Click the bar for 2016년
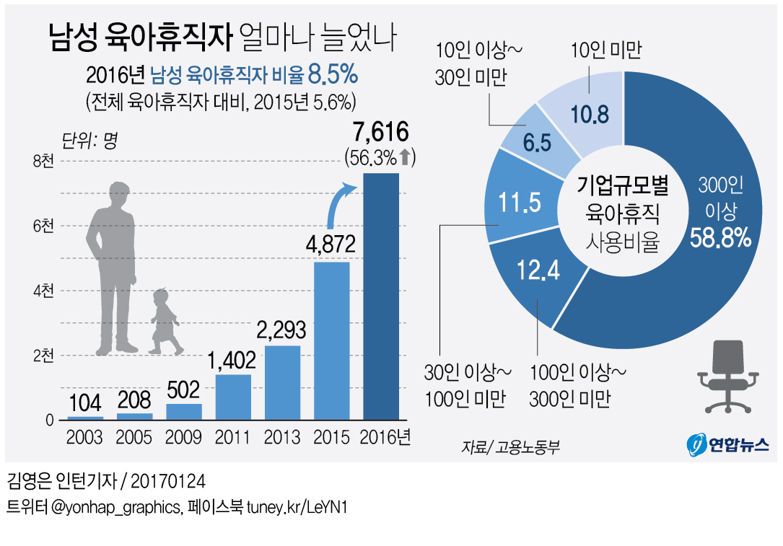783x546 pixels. click(380, 296)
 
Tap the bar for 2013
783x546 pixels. click(282, 382)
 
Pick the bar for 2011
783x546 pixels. click(233, 397)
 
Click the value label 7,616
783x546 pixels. click(381, 133)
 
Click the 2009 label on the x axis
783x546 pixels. click(184, 437)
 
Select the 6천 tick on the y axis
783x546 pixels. click(43, 226)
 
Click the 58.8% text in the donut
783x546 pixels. click(721, 237)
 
